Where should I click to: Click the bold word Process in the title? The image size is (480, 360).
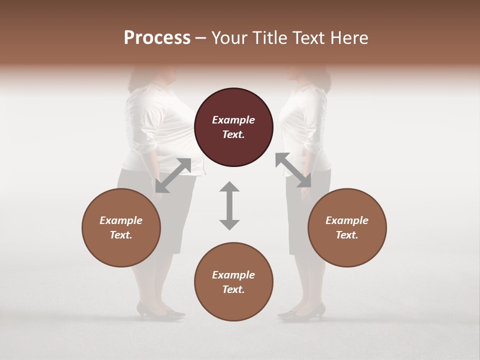157,38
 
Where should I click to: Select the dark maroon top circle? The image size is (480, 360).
233,127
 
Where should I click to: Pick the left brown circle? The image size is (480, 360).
121,227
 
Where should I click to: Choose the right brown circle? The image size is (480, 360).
347,227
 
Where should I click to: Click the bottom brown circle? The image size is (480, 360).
233,282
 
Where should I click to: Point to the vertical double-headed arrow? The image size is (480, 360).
229,205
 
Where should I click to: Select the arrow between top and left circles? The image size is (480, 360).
173,175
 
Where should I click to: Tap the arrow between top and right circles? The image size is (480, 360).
293,170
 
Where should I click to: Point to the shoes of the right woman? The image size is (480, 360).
302,311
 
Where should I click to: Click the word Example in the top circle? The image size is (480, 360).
233,120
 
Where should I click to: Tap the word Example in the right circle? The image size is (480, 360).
347,220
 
